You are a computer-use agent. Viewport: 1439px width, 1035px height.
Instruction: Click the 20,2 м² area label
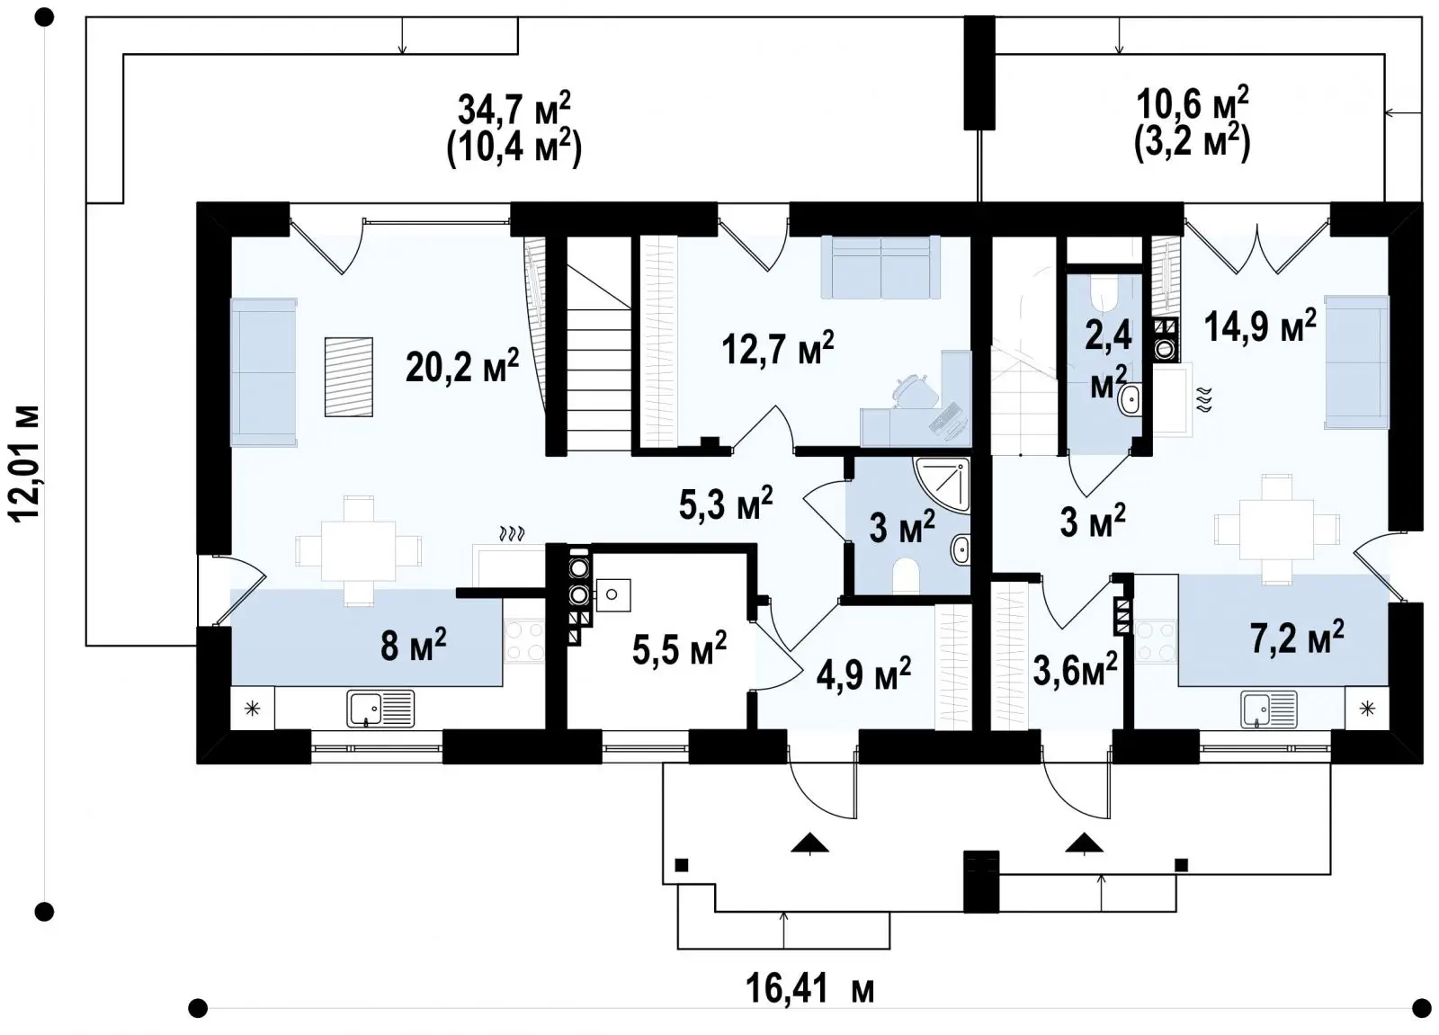[462, 367]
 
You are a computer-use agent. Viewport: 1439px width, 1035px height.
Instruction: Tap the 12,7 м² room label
[778, 349]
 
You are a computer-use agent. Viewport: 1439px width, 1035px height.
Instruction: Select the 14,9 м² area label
[1260, 326]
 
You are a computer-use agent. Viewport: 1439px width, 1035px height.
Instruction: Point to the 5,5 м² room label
[679, 650]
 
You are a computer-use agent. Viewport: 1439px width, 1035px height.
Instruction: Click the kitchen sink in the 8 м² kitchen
[380, 709]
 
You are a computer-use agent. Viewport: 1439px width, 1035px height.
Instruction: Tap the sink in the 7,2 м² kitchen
[1269, 709]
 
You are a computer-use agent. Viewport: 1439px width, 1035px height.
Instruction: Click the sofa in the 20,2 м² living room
[264, 372]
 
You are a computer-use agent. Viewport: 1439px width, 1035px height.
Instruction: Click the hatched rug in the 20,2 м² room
[348, 377]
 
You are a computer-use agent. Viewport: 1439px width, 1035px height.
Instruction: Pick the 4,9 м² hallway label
[863, 674]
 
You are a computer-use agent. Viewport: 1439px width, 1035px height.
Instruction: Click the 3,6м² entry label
[1076, 669]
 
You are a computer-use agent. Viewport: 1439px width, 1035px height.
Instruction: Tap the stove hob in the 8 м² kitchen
[523, 641]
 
